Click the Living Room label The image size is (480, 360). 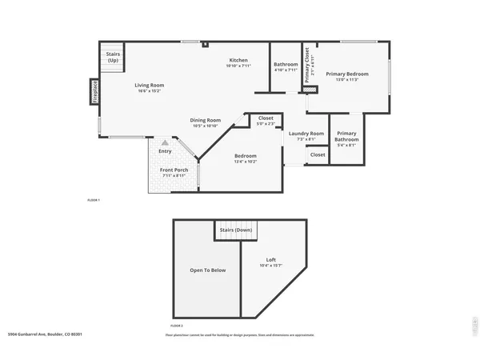click(149, 85)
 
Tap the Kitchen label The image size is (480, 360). click(238, 60)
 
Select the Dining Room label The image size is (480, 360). click(206, 120)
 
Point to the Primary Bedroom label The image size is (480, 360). click(346, 74)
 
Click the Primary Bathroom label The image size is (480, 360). click(346, 135)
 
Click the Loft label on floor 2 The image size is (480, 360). click(271, 260)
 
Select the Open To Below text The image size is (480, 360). click(207, 270)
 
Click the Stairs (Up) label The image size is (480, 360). click(113, 58)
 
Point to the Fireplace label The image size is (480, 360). click(94, 91)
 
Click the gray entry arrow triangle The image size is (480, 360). click(166, 142)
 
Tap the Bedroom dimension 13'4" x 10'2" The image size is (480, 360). click(245, 162)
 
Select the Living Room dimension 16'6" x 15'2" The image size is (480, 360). click(149, 91)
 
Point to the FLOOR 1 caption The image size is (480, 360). click(94, 199)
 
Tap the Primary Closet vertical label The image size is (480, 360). click(305, 58)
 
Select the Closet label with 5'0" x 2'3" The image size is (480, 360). click(266, 118)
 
